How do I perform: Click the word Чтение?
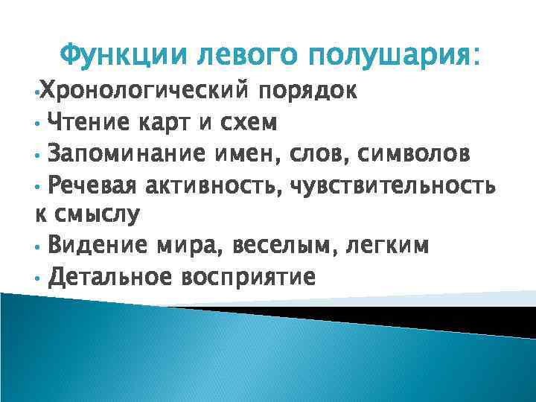[86, 121]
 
